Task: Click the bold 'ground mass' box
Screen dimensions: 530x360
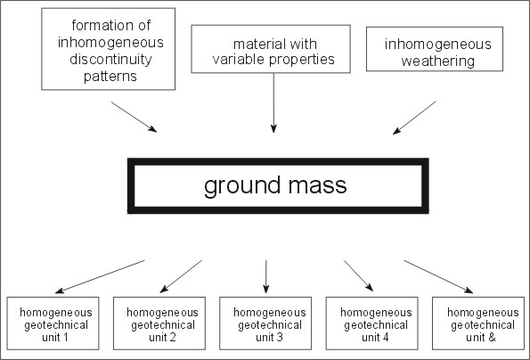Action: tap(278, 161)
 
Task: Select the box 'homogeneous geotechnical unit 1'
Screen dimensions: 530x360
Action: tap(53, 298)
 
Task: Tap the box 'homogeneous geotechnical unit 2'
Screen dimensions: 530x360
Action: tap(159, 298)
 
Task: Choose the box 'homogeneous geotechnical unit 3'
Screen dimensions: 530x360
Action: tap(265, 298)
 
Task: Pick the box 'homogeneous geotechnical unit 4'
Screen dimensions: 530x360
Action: tap(371, 298)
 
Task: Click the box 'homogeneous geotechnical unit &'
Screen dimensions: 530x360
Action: tap(478, 298)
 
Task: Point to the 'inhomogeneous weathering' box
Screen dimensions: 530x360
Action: tap(435, 28)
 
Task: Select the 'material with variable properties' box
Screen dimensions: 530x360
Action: tap(271, 26)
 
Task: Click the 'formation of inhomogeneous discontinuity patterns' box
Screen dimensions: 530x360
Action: tap(108, 9)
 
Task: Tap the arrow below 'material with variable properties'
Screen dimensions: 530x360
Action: tap(273, 102)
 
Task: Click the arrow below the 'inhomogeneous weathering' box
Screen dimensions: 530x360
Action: tap(414, 118)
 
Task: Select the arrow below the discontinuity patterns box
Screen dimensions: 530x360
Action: tap(134, 117)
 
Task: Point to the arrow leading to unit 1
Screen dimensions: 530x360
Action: tap(100, 276)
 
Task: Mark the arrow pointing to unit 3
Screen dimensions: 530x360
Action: tap(266, 276)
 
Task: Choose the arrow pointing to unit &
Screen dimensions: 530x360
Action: tap(438, 276)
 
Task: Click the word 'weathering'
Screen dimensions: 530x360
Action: tap(437, 61)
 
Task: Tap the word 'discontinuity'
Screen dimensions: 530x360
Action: tap(110, 59)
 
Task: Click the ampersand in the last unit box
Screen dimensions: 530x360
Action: tap(492, 338)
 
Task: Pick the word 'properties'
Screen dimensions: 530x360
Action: tap(302, 60)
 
